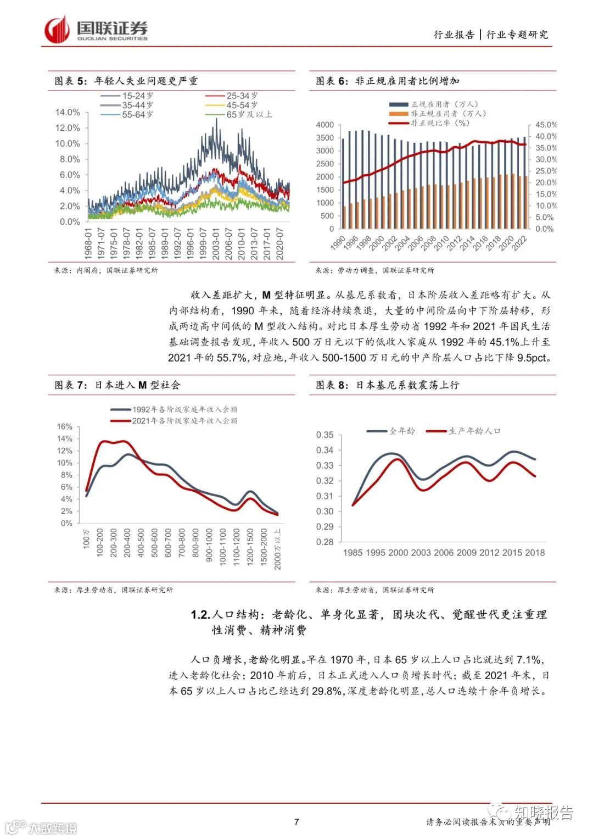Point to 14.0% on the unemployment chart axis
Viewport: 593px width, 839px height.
[x=68, y=112]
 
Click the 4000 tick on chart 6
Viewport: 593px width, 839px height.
[x=325, y=125]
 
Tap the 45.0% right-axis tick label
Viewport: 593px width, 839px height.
[x=546, y=125]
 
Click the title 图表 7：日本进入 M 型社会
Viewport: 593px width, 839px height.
[x=118, y=385]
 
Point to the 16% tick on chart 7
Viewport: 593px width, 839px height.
[x=65, y=427]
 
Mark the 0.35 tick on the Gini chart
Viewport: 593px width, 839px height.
[x=325, y=435]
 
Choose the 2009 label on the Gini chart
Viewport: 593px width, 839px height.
[x=467, y=553]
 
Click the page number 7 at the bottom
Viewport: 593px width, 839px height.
[x=296, y=822]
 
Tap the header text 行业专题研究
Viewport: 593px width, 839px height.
[x=517, y=35]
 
